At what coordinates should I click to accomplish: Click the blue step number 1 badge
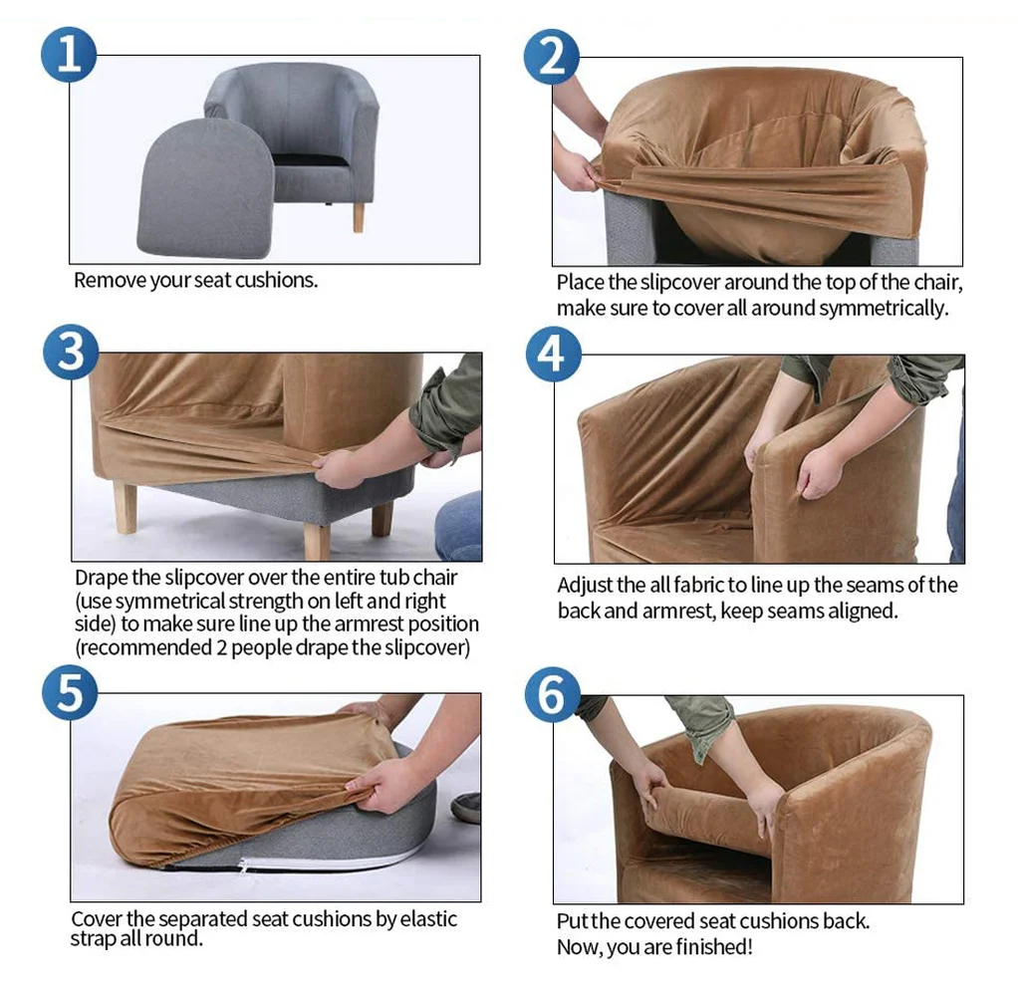pos(69,55)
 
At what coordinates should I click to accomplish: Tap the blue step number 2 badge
pos(551,57)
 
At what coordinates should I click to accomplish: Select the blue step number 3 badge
pos(71,352)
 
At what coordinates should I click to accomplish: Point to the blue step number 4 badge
pos(553,354)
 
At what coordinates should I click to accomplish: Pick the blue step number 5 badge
pos(70,693)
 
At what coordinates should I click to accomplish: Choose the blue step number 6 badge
pos(553,694)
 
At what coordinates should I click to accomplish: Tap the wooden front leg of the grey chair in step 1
pos(359,217)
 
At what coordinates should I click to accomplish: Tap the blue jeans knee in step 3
pos(459,525)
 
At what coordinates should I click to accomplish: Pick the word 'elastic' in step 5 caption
pos(428,918)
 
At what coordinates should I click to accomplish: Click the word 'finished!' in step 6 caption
pos(714,947)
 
